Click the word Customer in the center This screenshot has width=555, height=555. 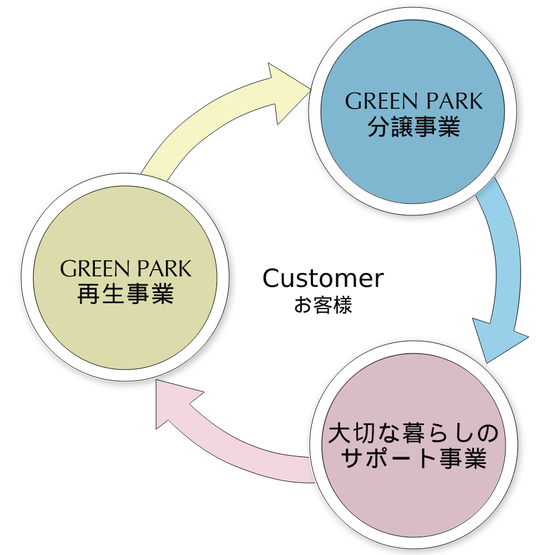pos(323,279)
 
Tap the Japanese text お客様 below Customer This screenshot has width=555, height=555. pos(323,306)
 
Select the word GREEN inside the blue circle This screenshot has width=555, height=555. pos(376,102)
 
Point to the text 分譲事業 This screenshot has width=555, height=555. pos(413,127)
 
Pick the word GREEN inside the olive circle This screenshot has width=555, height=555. pos(90,269)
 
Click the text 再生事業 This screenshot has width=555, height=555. pos(125,294)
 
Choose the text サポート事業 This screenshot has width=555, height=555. pos(413,459)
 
